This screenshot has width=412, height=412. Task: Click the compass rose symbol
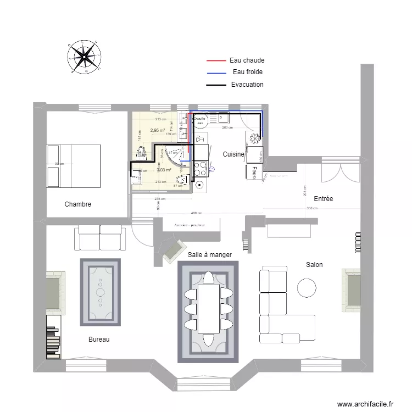click(x=85, y=56)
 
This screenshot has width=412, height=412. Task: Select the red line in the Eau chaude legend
click(x=216, y=60)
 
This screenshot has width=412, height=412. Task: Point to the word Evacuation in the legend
click(x=247, y=85)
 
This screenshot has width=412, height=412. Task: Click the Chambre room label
click(x=78, y=204)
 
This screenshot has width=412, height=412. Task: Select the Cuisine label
click(x=233, y=155)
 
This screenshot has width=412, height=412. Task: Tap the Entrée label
click(x=324, y=199)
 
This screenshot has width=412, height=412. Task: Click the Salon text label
click(x=314, y=265)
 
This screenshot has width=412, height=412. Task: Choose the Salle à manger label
click(x=209, y=255)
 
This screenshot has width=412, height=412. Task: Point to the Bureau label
click(x=99, y=339)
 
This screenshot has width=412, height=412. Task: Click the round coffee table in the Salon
click(x=307, y=287)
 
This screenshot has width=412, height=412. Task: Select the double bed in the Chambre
click(x=74, y=166)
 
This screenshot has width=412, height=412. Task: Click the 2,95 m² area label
click(x=158, y=131)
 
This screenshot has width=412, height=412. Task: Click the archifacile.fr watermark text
click(x=365, y=404)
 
